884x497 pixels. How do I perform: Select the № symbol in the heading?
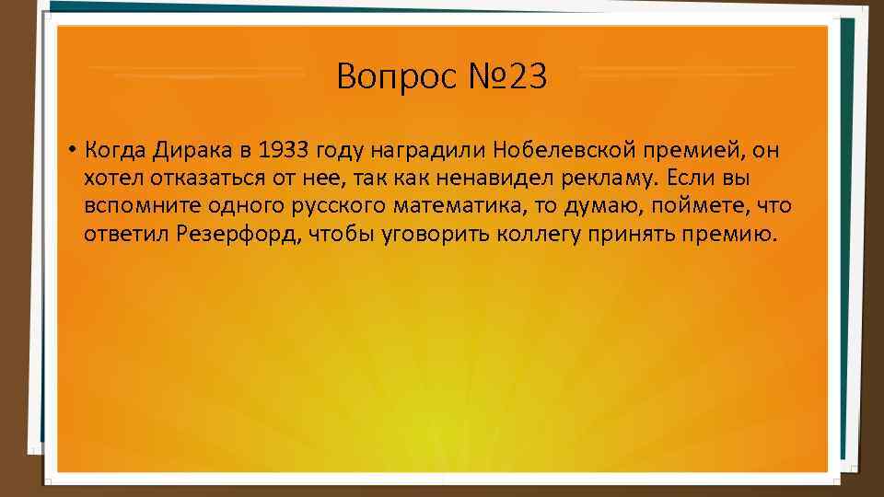click(474, 76)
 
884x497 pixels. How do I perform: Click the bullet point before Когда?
click(70, 150)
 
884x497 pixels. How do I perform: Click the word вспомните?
click(133, 205)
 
